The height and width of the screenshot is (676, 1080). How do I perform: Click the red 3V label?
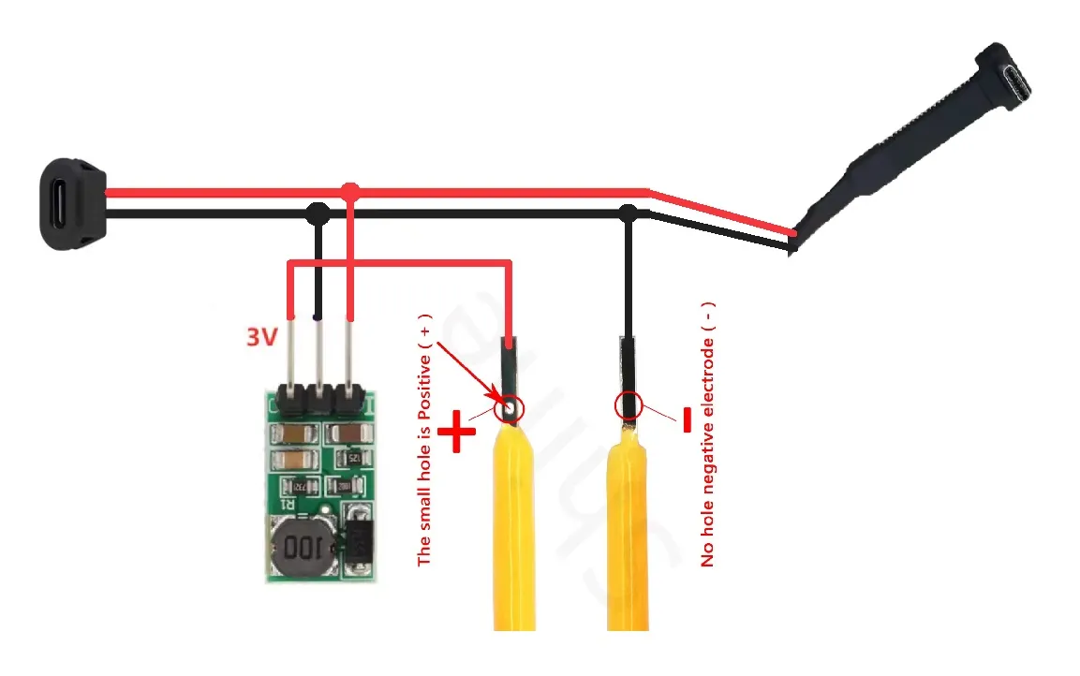click(x=262, y=336)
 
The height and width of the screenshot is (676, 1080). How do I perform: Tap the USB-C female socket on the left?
click(x=71, y=202)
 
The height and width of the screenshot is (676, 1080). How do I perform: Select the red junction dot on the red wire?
click(x=350, y=192)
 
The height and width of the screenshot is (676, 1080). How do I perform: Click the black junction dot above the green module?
click(x=318, y=213)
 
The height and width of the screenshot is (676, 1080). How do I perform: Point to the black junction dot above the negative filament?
click(x=629, y=213)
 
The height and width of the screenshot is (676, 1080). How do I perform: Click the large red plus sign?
click(x=457, y=434)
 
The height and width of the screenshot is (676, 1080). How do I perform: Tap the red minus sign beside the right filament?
click(x=687, y=423)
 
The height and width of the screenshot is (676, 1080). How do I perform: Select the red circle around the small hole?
click(x=510, y=407)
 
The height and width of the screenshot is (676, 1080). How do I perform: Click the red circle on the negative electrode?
click(x=629, y=406)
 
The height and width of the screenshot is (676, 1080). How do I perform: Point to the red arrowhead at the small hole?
click(x=496, y=398)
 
